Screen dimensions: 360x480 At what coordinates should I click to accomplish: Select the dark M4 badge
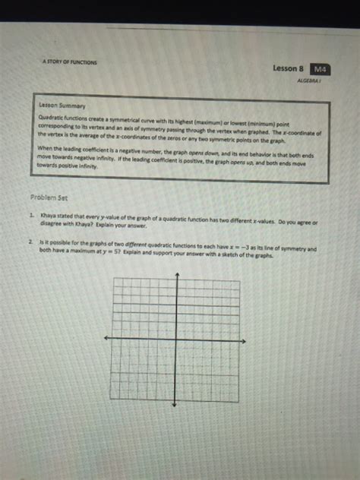[322, 69]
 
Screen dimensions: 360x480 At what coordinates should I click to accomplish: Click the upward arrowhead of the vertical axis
[176, 273]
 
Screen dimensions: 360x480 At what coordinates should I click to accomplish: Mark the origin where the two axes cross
[176, 338]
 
